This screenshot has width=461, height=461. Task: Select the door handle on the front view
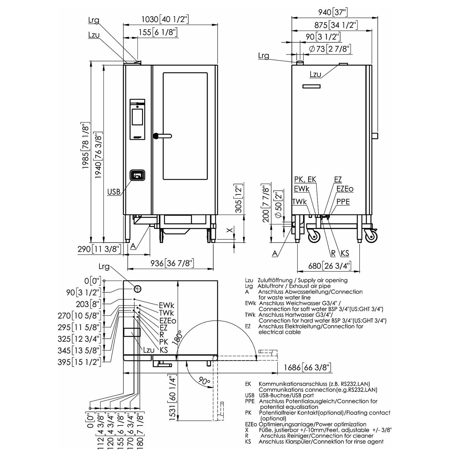pos(163,136)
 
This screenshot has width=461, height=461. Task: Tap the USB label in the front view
pos(114,192)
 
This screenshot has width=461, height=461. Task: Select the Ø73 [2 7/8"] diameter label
pos(330,49)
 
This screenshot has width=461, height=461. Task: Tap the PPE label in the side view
pos(343,202)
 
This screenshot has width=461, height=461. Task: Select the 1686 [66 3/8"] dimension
pos(307,367)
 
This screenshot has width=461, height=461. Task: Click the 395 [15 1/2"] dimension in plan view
pos(79,362)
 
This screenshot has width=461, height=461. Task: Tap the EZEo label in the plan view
pos(167,321)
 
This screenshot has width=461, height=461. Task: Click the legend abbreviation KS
pos(248,442)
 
